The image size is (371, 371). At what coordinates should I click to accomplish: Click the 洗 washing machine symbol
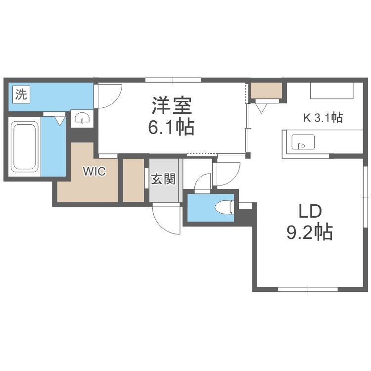pyautogui.click(x=21, y=94)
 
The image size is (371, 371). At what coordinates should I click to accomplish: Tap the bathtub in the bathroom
pyautogui.click(x=25, y=146)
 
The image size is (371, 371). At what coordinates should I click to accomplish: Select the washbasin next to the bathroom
pyautogui.click(x=81, y=118)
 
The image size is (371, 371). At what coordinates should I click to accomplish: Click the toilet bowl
pyautogui.click(x=225, y=207)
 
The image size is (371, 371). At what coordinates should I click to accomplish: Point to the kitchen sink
pyautogui.click(x=302, y=142)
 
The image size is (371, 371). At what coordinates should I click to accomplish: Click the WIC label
pyautogui.click(x=94, y=172)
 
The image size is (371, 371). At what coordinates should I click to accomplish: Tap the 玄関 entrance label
pyautogui.click(x=163, y=179)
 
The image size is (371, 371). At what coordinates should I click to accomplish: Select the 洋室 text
pyautogui.click(x=171, y=105)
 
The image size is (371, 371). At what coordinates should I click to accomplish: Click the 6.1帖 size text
pyautogui.click(x=171, y=128)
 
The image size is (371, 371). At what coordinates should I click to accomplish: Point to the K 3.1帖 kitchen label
pyautogui.click(x=323, y=118)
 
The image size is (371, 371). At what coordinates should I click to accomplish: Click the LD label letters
pyautogui.click(x=310, y=211)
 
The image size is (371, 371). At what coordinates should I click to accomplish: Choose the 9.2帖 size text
pyautogui.click(x=310, y=232)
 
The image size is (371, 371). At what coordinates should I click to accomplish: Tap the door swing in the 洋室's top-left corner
pyautogui.click(x=108, y=95)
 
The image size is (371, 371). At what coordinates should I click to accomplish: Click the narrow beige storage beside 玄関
pyautogui.click(x=133, y=180)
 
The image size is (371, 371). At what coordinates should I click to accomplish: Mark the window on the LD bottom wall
pyautogui.click(x=307, y=288)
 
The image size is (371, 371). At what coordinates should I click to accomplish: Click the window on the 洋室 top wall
pyautogui.click(x=173, y=79)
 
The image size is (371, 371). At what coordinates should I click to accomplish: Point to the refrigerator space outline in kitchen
pyautogui.click(x=332, y=91)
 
